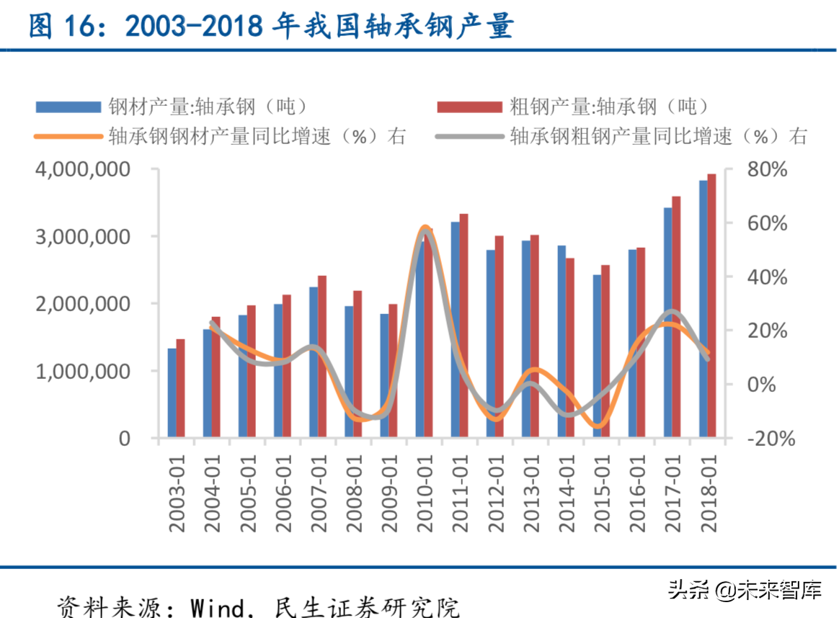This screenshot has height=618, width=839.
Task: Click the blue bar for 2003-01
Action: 172,393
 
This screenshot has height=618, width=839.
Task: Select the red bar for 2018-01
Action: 711,305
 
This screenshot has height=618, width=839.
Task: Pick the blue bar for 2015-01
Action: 597,356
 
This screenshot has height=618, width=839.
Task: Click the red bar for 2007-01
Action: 322,357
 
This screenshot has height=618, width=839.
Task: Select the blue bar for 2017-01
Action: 667,323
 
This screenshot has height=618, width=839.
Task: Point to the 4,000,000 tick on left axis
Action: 90,169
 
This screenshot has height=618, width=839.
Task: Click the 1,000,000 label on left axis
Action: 90,371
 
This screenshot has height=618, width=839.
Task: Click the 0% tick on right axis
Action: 761,385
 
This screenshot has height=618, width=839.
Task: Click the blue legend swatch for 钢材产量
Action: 68,107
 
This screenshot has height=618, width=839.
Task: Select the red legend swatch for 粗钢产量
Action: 469,107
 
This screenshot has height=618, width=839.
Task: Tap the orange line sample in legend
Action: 68,135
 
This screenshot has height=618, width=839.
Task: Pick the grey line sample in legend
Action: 469,135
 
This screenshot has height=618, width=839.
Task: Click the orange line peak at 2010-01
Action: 425,228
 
